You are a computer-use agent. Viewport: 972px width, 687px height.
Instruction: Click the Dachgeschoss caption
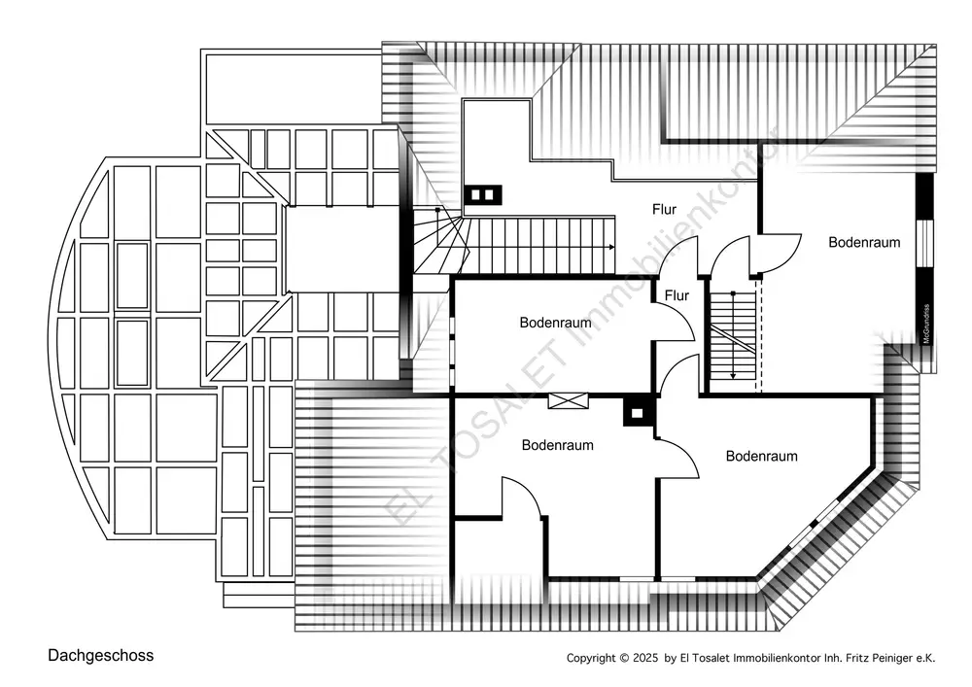click(x=101, y=656)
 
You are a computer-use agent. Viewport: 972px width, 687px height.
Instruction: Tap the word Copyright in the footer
click(x=592, y=658)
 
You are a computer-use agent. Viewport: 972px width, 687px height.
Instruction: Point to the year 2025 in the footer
click(x=646, y=658)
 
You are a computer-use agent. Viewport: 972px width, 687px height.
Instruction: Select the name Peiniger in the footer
click(x=890, y=658)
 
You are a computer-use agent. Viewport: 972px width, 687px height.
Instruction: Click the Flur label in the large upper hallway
click(x=665, y=209)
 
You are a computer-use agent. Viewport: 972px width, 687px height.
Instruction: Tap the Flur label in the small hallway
click(x=677, y=295)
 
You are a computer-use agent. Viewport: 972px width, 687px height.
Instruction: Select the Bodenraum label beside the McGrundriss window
click(x=864, y=242)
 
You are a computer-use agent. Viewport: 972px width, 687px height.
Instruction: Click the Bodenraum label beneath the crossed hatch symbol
click(x=557, y=445)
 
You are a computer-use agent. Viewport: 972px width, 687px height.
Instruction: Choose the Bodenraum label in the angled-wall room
click(x=761, y=456)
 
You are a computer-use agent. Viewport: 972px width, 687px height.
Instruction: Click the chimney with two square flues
click(x=482, y=195)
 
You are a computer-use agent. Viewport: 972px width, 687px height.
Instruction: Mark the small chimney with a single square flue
click(x=638, y=413)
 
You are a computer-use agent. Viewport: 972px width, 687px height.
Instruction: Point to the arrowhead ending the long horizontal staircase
click(x=611, y=247)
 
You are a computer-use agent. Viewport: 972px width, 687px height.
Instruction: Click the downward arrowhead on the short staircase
click(x=733, y=376)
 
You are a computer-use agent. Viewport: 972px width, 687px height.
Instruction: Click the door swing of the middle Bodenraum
click(x=674, y=321)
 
